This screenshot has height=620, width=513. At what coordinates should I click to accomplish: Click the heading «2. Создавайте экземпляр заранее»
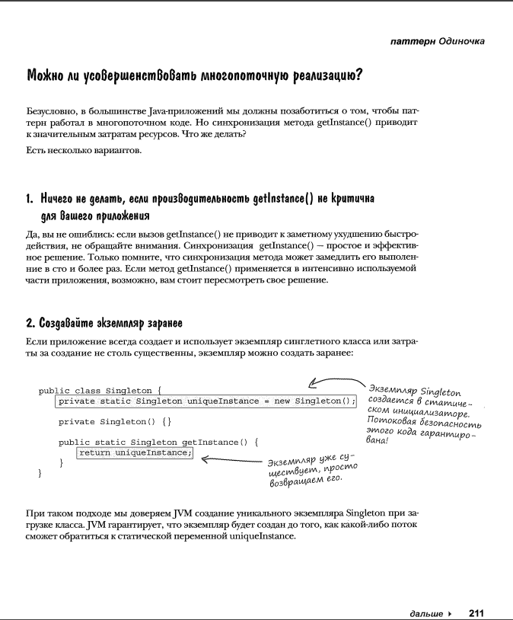tap(104, 322)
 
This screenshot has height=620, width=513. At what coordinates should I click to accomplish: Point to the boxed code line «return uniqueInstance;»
tap(135, 453)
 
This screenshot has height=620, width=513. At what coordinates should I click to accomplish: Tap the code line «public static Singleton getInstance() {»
tap(159, 442)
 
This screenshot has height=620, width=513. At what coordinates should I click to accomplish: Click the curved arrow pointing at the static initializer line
tap(335, 382)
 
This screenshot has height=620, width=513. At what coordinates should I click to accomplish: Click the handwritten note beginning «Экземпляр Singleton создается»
tap(422, 415)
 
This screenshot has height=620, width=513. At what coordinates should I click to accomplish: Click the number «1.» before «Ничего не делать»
tap(30, 199)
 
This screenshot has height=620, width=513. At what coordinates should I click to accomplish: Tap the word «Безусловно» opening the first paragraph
tap(52, 111)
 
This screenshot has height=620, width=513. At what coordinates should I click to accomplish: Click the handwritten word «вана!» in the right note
tap(378, 440)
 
